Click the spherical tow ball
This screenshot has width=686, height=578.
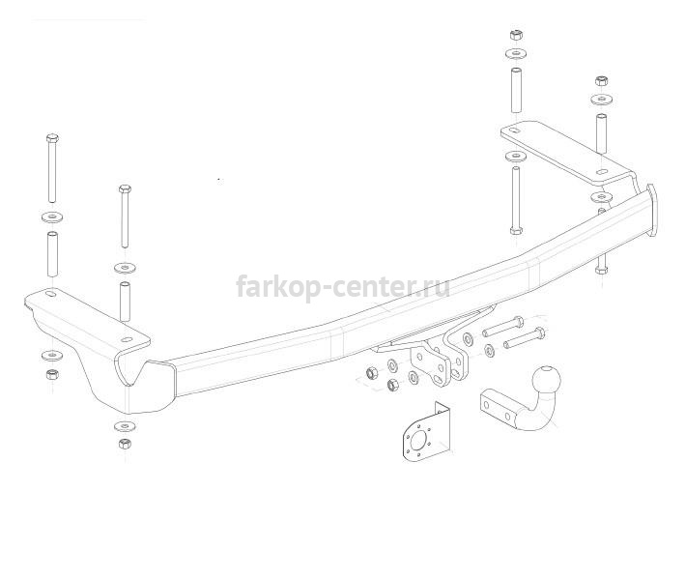click(547, 379)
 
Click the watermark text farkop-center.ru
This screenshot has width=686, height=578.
click(343, 287)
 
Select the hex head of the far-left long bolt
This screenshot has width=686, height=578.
click(52, 138)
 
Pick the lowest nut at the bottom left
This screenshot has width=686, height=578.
click(125, 444)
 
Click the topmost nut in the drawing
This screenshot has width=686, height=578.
click(516, 35)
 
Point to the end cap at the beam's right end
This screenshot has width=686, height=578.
click(652, 210)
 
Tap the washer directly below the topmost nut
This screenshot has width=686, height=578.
click(516, 55)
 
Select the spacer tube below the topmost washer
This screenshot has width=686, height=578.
click(516, 90)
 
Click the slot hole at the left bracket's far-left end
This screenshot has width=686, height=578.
click(51, 294)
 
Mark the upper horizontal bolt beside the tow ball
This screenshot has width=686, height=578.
click(502, 327)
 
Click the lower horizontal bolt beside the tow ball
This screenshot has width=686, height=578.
click(524, 338)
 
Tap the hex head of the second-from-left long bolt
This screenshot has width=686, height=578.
click(125, 189)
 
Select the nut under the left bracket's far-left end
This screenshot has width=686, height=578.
click(52, 375)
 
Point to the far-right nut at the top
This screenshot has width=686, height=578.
click(602, 81)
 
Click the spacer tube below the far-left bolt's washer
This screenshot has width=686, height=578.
click(52, 254)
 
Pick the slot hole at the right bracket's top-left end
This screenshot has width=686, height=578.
click(514, 131)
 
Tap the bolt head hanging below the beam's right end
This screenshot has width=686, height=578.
click(601, 270)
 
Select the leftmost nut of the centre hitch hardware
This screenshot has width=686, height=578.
click(372, 373)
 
